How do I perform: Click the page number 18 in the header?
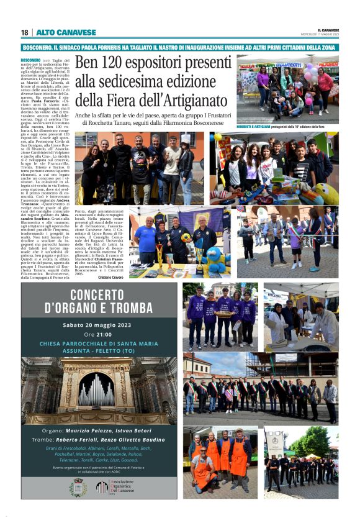tap(24, 32)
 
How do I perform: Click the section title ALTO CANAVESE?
tap(58, 32)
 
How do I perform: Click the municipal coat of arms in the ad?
tap(78, 487)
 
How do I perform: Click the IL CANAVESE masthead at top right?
tap(328, 30)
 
